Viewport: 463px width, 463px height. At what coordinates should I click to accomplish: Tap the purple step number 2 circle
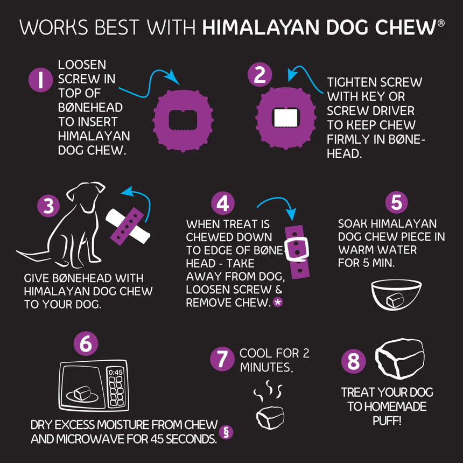259,75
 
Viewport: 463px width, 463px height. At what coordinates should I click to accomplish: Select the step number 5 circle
396,202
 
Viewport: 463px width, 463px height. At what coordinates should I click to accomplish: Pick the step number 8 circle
353,362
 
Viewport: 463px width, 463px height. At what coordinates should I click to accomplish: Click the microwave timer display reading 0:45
116,371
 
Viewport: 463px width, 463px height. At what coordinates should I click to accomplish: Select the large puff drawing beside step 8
399,360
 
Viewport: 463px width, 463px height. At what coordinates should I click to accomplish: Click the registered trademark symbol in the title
441,24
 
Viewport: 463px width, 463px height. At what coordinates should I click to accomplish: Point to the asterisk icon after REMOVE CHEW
278,303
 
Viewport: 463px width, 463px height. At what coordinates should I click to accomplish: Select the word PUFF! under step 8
387,420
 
